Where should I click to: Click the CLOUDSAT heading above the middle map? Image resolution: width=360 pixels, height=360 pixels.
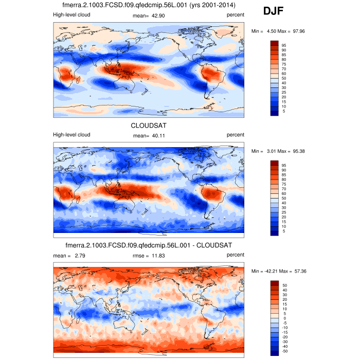point(149,125)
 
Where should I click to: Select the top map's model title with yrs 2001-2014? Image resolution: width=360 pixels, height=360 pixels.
point(149,5)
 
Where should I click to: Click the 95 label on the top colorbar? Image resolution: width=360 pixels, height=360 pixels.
point(283,45)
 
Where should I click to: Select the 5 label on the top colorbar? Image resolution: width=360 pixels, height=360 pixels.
point(282,111)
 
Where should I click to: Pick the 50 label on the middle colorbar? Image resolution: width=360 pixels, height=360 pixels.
point(283,198)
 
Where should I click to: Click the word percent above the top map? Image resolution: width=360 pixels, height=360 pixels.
point(236,15)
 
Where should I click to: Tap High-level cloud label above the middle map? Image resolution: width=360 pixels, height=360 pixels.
point(72,135)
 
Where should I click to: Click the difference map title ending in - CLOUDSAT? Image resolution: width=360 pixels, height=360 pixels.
point(149,245)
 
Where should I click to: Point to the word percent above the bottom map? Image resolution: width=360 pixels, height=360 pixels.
point(236,255)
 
